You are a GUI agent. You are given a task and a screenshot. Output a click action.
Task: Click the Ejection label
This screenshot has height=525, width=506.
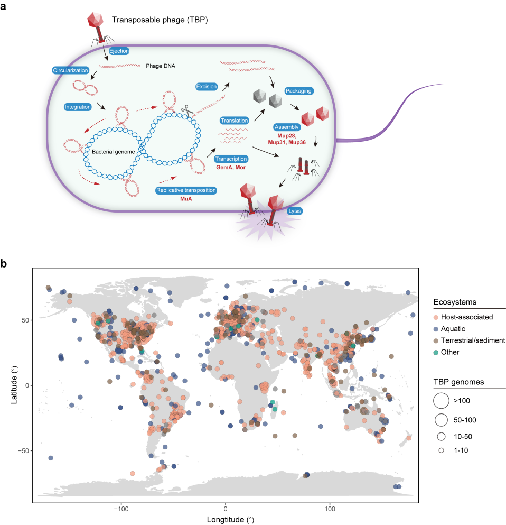coord(119,51)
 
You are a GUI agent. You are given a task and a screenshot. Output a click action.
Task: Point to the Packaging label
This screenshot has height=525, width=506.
coord(299,91)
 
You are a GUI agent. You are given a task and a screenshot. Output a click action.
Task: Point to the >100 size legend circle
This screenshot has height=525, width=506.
coord(441,401)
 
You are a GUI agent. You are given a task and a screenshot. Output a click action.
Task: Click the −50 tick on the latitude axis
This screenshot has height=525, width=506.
coord(24,450)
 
